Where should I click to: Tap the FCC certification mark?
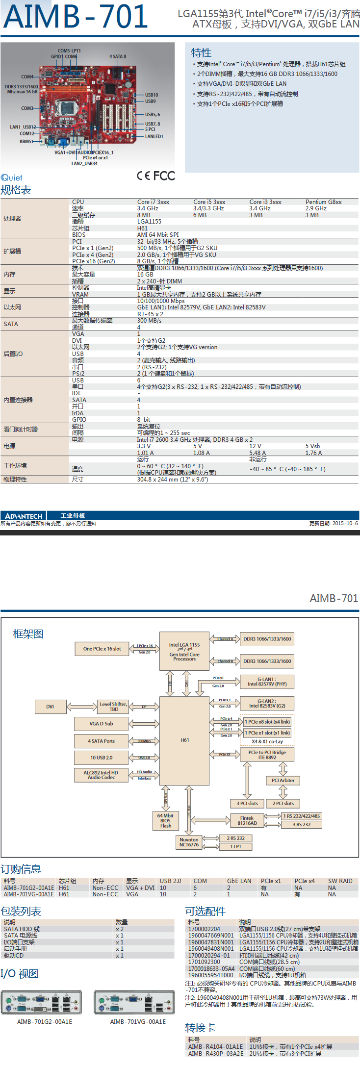pyautogui.click(x=164, y=176)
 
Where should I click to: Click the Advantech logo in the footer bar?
pyautogui.click(x=24, y=516)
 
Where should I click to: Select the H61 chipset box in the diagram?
pyautogui.click(x=184, y=740)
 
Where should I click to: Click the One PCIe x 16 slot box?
pyautogui.click(x=102, y=649)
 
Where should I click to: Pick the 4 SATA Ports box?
pyautogui.click(x=101, y=741)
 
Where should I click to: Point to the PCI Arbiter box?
pyautogui.click(x=283, y=780)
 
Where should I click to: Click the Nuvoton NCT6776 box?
pyautogui.click(x=189, y=842)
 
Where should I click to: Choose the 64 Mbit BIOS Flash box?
pyautogui.click(x=166, y=821)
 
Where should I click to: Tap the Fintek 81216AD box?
pyautogui.click(x=247, y=820)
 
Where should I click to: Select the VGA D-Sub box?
pyautogui.click(x=101, y=724)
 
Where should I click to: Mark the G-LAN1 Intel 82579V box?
pyautogui.click(x=267, y=682)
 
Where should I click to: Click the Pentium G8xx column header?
pyautogui.click(x=323, y=202)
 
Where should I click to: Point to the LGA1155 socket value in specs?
pyautogui.click(x=149, y=222)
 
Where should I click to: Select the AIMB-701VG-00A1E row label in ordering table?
pyautogui.click(x=29, y=894)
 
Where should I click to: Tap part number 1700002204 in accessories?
pyautogui.click(x=204, y=929)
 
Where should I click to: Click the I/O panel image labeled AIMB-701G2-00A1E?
pyautogui.click(x=41, y=1002)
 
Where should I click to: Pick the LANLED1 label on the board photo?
pyautogui.click(x=154, y=136)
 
